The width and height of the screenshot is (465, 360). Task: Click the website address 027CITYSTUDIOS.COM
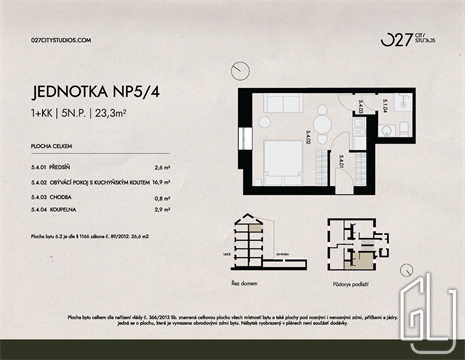click(x=61, y=40)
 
